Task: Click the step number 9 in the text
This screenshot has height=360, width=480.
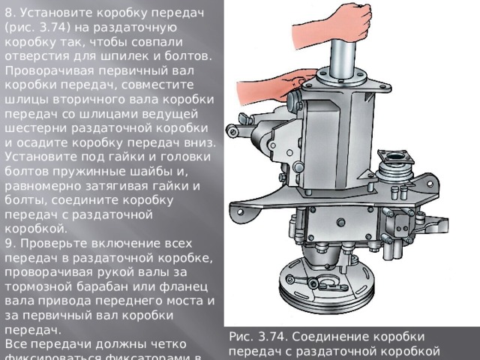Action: pos(9,243)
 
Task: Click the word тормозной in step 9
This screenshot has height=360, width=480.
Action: pos(34,286)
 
